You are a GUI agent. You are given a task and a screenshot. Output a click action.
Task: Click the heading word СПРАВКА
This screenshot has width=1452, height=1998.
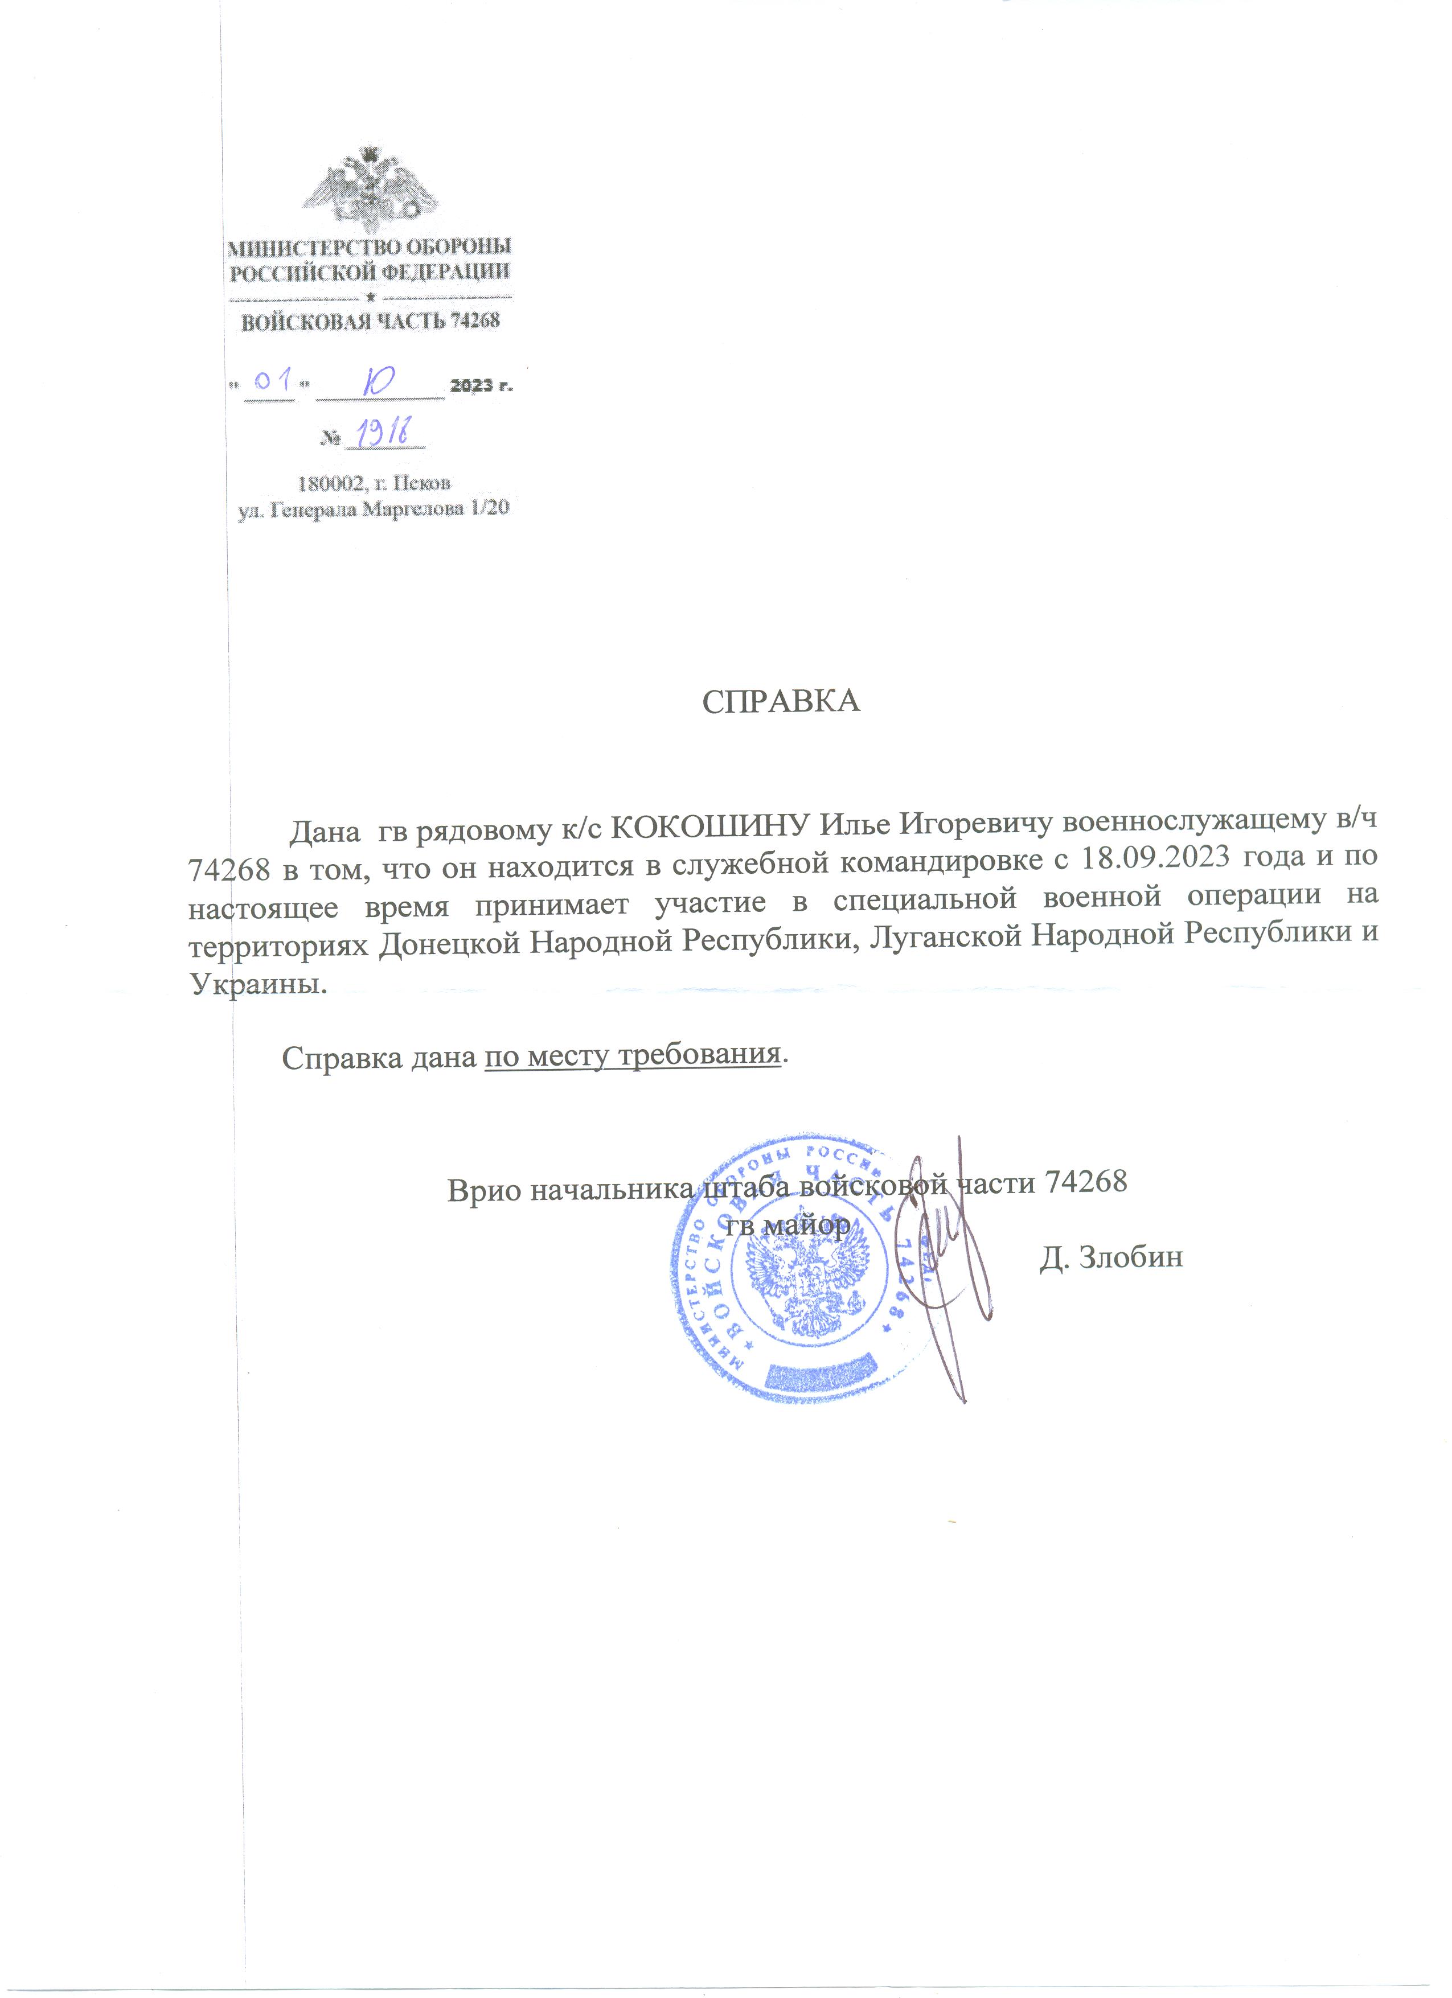pyautogui.click(x=780, y=702)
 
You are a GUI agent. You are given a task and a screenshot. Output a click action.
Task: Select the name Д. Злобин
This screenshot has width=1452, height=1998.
pyautogui.click(x=1110, y=1257)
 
